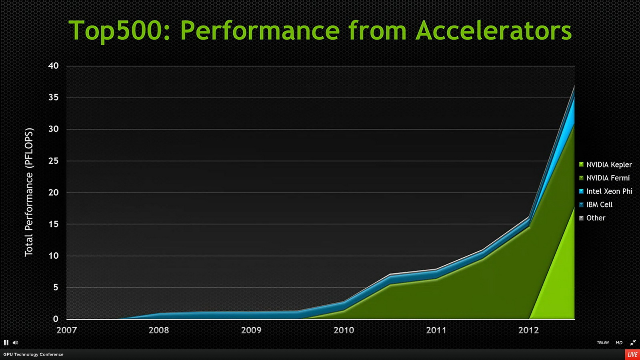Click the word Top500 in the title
(x=115, y=31)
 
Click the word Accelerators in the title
(x=494, y=31)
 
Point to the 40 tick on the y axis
(x=54, y=66)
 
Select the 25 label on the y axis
(x=54, y=161)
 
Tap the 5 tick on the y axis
(x=56, y=288)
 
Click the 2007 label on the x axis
(x=66, y=330)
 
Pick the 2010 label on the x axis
(x=344, y=330)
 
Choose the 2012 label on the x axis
(x=528, y=330)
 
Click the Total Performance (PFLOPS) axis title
(x=29, y=192)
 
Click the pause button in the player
(x=6, y=343)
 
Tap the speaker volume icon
(x=15, y=343)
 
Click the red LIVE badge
(x=632, y=355)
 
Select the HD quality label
(x=619, y=343)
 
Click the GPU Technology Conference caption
(x=33, y=354)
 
